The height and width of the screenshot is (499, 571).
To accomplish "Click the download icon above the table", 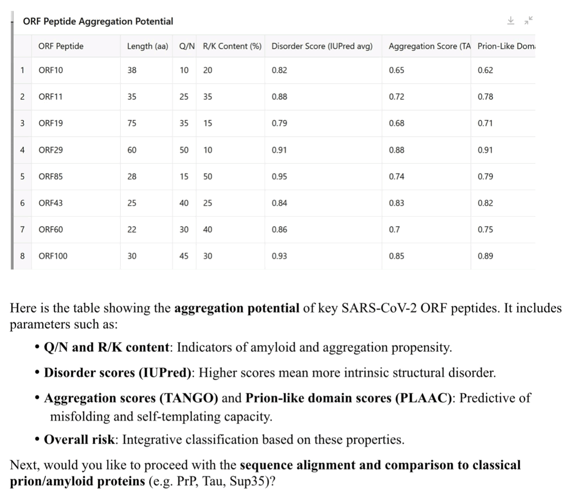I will [x=511, y=21].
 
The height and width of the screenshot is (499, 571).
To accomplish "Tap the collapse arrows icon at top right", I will [x=529, y=20].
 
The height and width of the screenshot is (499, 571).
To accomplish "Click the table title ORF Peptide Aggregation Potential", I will [x=98, y=21].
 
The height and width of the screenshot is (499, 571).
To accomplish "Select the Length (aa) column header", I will [x=147, y=46].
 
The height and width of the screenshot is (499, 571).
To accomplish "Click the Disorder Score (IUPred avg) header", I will [x=322, y=46].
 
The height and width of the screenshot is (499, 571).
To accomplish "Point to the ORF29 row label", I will [x=51, y=150].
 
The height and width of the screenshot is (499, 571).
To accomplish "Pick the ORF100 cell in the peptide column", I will [x=53, y=256].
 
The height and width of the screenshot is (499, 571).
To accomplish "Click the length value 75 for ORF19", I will [x=132, y=123].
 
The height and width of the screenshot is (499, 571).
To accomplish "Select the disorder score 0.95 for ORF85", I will [x=279, y=176].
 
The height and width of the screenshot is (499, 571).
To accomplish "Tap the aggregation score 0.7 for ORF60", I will [x=394, y=229].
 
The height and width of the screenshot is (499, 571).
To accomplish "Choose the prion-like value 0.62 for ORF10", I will [x=485, y=70].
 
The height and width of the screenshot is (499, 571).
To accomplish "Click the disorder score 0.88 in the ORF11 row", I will [x=279, y=97].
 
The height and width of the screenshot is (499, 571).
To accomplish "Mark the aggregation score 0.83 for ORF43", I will [x=397, y=203].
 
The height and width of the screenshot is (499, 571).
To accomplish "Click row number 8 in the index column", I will [x=22, y=256].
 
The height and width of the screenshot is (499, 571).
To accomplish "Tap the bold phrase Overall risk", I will [x=79, y=440].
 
